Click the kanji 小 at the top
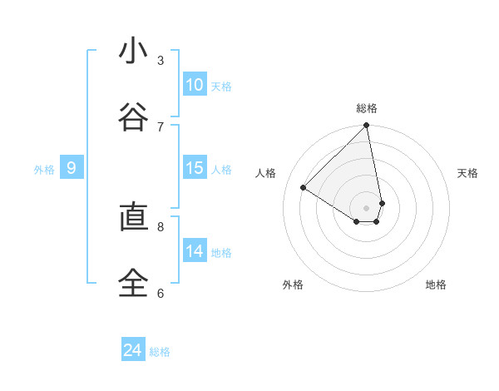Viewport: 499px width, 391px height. point(128,51)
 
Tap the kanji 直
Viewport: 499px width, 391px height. point(128,217)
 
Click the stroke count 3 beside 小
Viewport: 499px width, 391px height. point(161,61)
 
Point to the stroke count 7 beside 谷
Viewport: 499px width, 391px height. point(161,127)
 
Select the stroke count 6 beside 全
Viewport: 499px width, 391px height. point(161,294)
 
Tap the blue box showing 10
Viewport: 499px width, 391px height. point(195,85)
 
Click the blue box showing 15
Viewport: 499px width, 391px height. point(195,168)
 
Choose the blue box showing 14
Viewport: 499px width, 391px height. point(195,251)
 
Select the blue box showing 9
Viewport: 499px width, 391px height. point(72,168)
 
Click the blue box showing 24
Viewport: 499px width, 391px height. point(133,351)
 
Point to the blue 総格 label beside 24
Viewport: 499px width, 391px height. point(161,352)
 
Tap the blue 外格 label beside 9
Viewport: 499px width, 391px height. point(44,169)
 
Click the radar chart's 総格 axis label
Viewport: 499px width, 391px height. point(367,108)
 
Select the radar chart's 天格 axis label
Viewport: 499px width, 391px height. point(467,173)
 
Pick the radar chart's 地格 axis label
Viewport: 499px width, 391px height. point(436,285)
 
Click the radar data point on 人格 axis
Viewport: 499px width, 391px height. point(304,187)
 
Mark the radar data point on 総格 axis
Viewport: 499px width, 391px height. point(367,126)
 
